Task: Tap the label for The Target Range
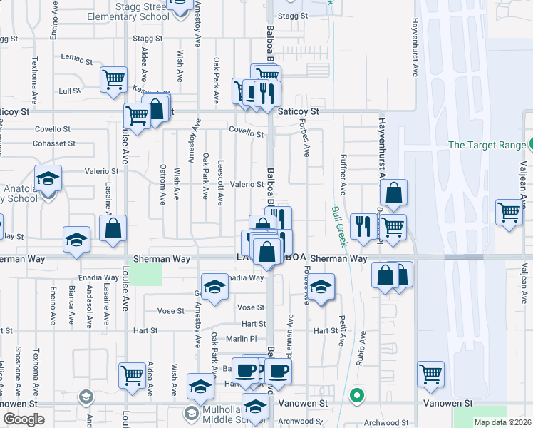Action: (487, 146)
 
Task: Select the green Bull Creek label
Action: (338, 226)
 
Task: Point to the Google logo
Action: (23, 419)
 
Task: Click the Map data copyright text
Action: (502, 422)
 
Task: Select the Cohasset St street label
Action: (53, 143)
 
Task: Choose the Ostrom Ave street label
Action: (163, 182)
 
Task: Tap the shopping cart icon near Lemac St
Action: (113, 81)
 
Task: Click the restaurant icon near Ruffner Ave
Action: (363, 228)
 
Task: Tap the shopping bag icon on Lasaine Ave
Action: (113, 230)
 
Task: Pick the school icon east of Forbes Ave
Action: (321, 288)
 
